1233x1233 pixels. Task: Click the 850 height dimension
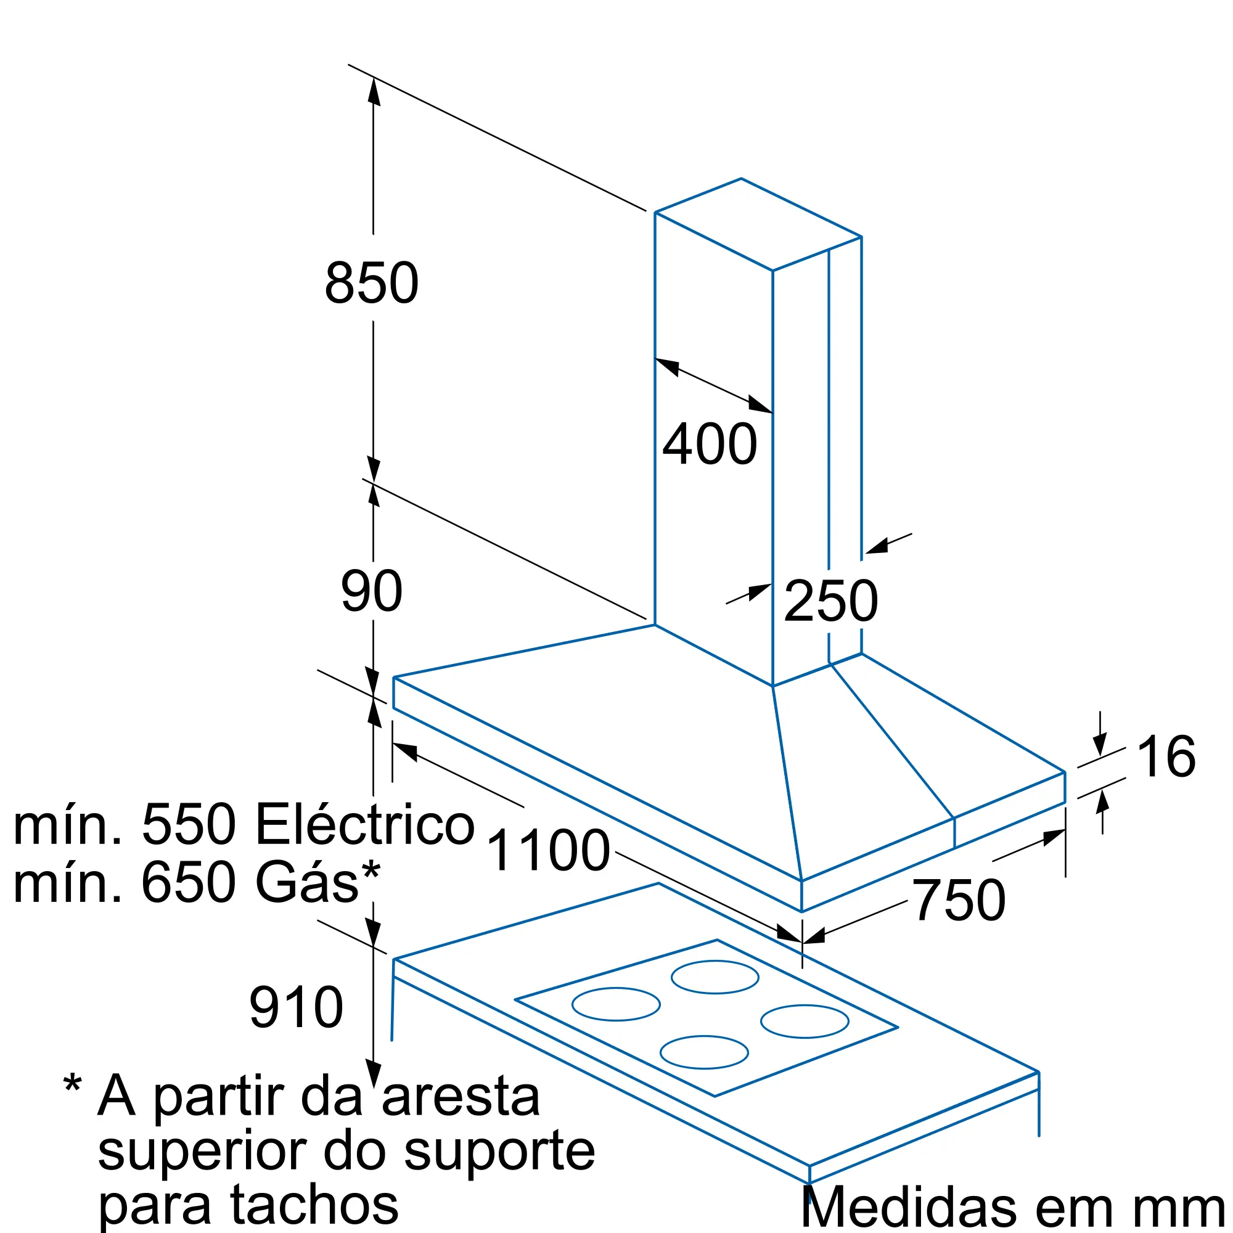(371, 283)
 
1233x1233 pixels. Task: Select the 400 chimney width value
(710, 443)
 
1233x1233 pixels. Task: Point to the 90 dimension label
(371, 592)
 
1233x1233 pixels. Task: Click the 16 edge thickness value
(1166, 757)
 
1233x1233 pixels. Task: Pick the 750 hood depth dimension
(959, 901)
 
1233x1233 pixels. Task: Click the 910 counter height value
(296, 1008)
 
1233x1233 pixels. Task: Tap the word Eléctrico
(365, 824)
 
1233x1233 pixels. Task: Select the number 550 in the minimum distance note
(189, 824)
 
